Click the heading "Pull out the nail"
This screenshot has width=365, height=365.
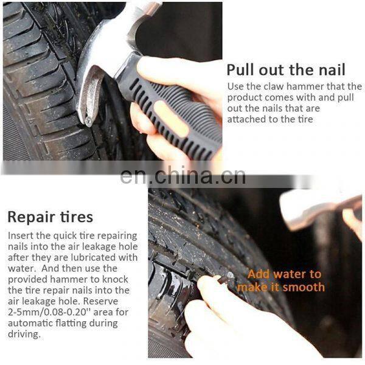286,69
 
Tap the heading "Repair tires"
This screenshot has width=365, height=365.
50,217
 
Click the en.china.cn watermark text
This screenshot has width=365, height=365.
182,176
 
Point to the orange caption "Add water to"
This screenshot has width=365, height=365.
284,274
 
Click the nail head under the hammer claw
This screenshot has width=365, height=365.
89,121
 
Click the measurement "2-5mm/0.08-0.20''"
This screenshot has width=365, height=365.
47,312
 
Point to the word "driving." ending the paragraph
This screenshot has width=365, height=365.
24,334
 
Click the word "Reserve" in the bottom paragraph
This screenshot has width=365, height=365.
101,301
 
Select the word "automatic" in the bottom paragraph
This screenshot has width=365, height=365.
31,323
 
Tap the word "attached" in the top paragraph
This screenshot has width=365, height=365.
246,119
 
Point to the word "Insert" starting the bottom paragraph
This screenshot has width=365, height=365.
21,235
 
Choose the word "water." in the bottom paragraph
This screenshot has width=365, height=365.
22,269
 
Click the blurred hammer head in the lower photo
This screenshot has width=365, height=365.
319,209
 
